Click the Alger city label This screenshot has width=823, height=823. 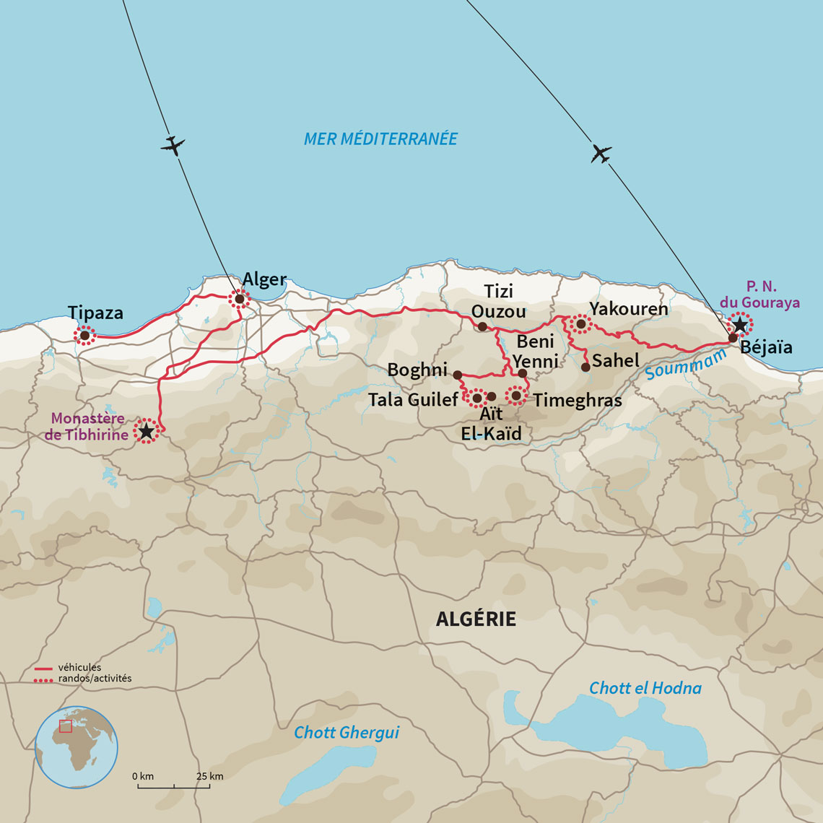coord(264,280)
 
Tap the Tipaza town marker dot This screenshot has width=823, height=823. coord(85,335)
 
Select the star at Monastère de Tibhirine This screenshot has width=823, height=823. coord(146,431)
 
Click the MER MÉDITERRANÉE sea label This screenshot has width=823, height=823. coord(380,139)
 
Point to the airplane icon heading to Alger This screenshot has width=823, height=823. coord(173,145)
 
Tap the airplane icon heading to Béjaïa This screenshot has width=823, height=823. coord(601,154)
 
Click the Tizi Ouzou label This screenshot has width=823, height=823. coord(498,301)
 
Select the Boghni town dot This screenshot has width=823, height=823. coord(457,375)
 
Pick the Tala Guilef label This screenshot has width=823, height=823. coord(412,399)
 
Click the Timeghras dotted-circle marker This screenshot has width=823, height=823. coord(516,395)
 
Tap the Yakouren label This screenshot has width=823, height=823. coord(628,309)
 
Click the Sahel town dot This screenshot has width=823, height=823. coord(585,367)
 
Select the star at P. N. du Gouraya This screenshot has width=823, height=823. coord(739,325)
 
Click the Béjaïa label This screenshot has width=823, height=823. coord(766,347)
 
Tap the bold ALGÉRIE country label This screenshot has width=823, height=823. coord(476,619)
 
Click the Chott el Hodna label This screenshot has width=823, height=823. coord(645,688)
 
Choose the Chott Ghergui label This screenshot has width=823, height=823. coord(346,733)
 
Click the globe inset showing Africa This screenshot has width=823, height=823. coord(77,747)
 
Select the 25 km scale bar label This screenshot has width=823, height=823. coord(209,776)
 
